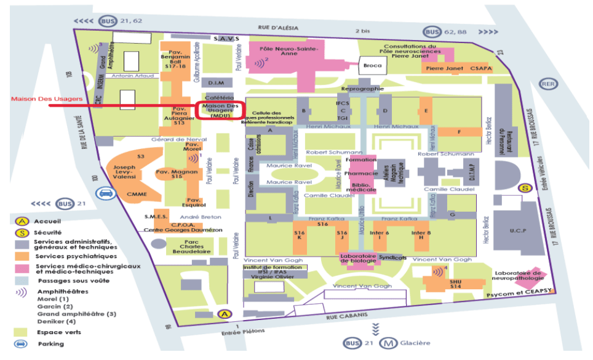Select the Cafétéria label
tap(219, 98)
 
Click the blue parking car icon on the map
tap(106, 194)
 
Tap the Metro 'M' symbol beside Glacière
tap(388, 343)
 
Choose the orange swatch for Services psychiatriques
tap(22, 255)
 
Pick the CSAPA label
tap(482, 68)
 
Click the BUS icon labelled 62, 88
tap(431, 32)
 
